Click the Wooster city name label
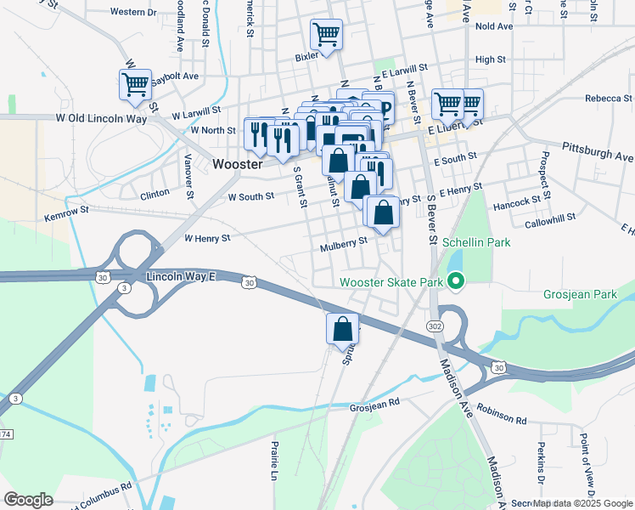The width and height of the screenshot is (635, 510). [x=238, y=164]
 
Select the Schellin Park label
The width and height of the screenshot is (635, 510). [x=475, y=242]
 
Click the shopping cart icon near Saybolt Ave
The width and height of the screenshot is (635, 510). [x=135, y=84]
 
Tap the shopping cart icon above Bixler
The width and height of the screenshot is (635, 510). [x=326, y=35]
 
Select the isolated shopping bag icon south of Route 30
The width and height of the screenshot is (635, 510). [x=343, y=328]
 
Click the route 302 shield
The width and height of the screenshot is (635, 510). [x=435, y=326]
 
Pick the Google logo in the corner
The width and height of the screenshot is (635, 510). [x=28, y=499]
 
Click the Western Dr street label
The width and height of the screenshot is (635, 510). [x=134, y=13]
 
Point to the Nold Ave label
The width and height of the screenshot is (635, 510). [x=494, y=26]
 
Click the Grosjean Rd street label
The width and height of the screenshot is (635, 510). [x=374, y=407]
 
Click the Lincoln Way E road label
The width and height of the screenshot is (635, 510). [x=182, y=277]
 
